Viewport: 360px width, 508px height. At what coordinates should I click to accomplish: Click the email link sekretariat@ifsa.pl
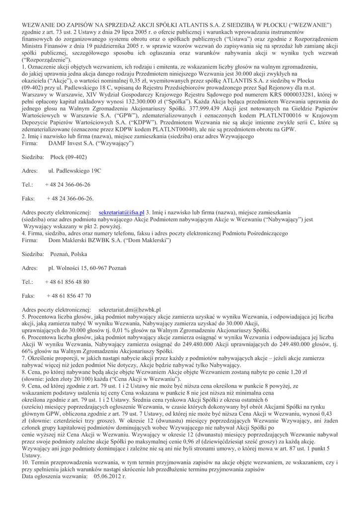pyautogui.click(x=121, y=212)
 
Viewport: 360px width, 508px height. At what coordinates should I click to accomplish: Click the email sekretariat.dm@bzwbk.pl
pyautogui.click(x=130, y=309)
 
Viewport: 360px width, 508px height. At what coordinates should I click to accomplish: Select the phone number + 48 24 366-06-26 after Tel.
pyautogui.click(x=68, y=185)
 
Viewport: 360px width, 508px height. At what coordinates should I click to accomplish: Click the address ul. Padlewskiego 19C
pyautogui.click(x=74, y=171)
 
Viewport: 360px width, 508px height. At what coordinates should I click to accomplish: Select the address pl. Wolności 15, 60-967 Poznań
pyautogui.click(x=87, y=268)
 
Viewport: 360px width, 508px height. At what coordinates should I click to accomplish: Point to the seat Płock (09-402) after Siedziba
pyautogui.click(x=69, y=157)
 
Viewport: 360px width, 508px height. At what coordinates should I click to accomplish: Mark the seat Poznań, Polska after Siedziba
pyautogui.click(x=69, y=254)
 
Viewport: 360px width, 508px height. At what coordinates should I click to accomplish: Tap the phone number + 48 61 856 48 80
pyautogui.click(x=68, y=282)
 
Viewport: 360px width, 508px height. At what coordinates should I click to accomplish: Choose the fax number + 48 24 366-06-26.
pyautogui.click(x=70, y=198)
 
